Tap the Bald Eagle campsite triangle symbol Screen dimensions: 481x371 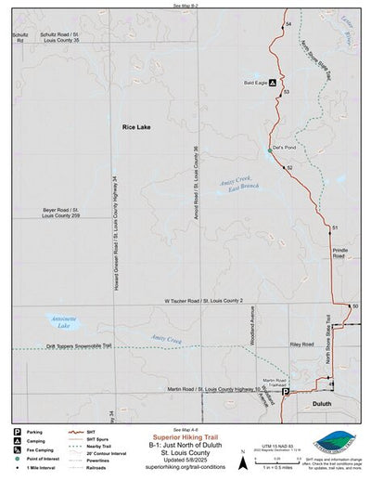[272, 82]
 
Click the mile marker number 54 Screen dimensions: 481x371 [288, 23]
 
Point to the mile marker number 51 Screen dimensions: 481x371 [334, 227]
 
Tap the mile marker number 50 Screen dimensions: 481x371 [354, 305]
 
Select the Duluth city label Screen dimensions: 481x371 [322, 404]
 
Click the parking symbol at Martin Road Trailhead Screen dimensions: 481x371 [286, 392]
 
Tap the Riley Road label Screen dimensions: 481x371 [301, 344]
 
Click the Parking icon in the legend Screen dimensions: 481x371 [18, 432]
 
